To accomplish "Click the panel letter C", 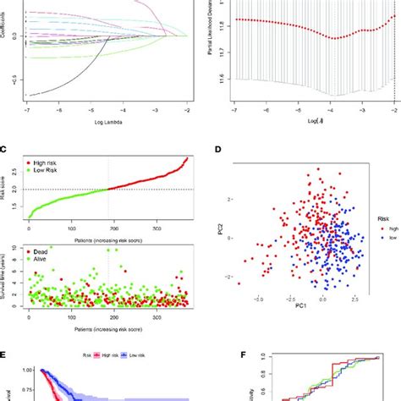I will pyautogui.click(x=5, y=150).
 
